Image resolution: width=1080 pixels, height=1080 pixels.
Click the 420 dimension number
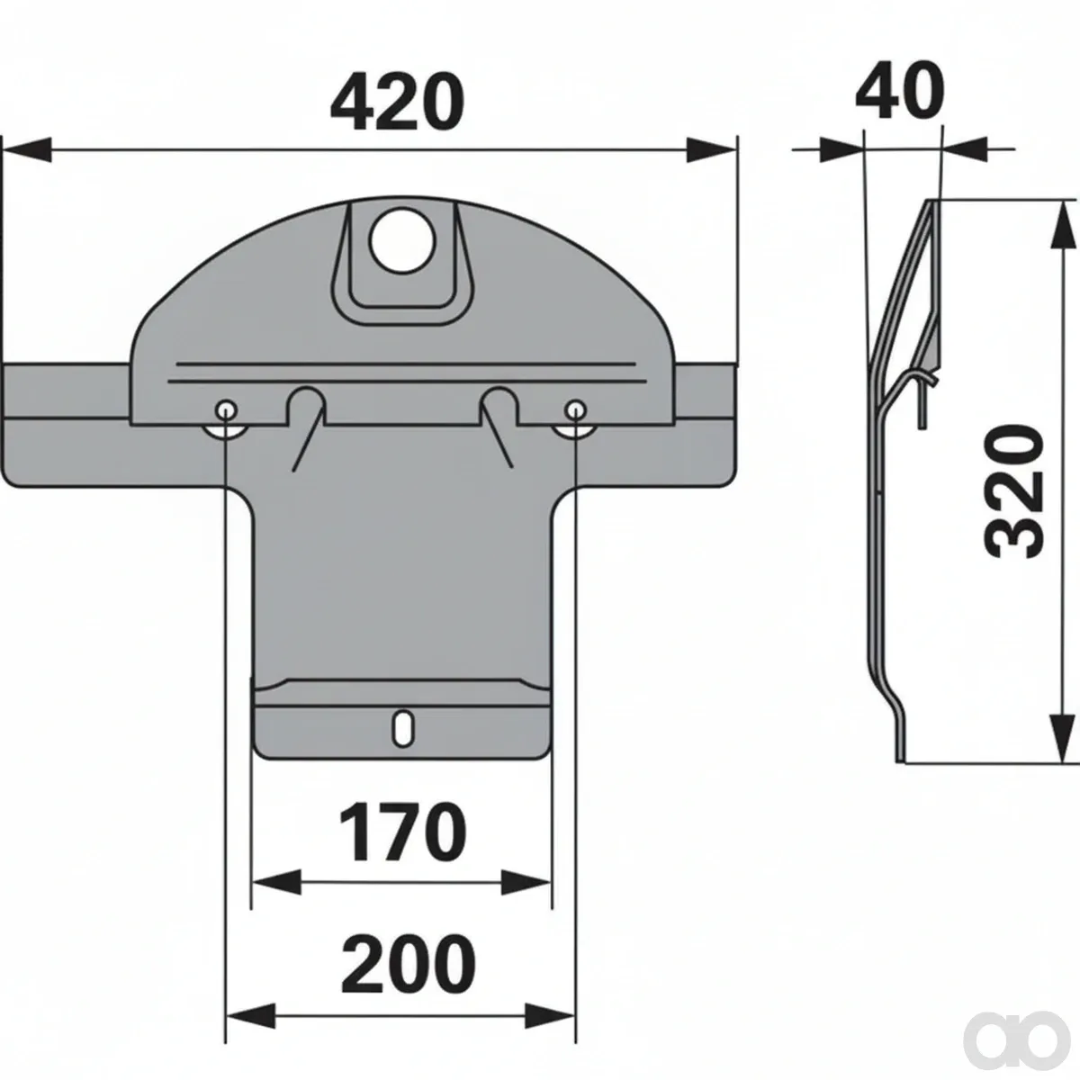(x=398, y=103)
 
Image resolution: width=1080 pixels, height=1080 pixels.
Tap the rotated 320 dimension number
(x=1014, y=491)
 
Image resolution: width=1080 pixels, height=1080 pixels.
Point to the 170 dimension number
(x=402, y=832)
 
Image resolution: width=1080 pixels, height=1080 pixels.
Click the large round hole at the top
(x=402, y=240)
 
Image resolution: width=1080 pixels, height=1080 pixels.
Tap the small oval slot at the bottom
(x=401, y=728)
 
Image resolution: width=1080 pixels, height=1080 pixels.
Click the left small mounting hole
(x=226, y=410)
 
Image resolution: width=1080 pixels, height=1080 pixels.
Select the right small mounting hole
(x=576, y=410)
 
